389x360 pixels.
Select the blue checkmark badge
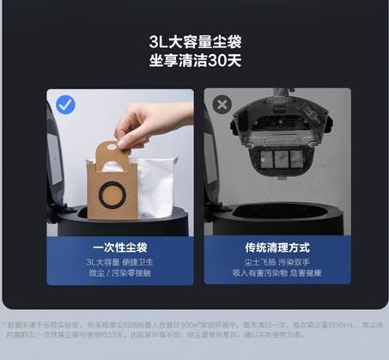coord(66,105)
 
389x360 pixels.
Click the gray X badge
coord(222,105)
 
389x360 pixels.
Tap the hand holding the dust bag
coord(137,123)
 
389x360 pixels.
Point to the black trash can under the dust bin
coord(275,215)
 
